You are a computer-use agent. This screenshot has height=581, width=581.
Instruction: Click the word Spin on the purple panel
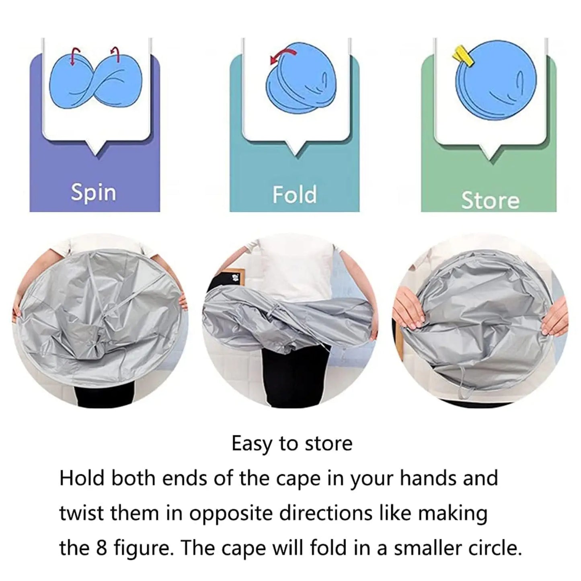94,193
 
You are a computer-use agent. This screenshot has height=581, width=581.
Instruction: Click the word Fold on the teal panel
294,195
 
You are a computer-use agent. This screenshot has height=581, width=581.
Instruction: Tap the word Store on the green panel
490,200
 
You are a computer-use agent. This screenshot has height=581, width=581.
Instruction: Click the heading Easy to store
292,443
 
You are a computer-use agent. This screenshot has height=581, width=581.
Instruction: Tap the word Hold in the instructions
82,478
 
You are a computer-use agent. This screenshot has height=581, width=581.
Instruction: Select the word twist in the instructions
82,513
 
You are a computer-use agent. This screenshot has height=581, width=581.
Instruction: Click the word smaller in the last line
427,548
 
